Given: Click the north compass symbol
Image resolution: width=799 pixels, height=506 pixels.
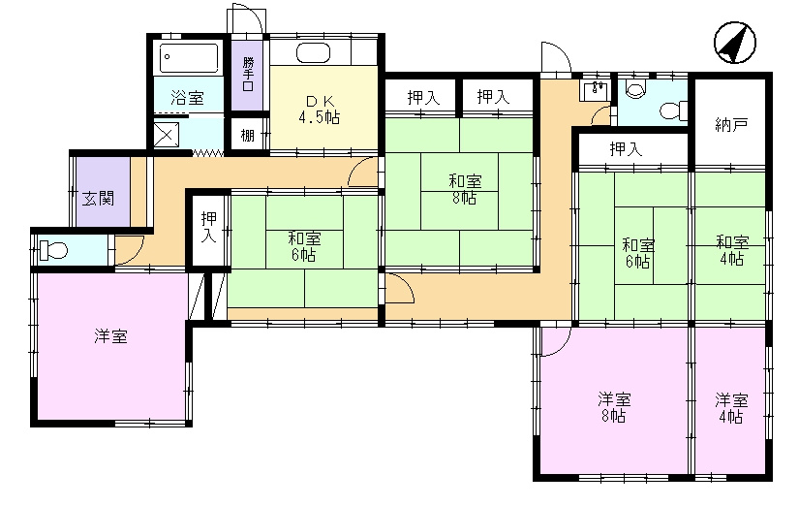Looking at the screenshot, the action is pyautogui.click(x=735, y=43).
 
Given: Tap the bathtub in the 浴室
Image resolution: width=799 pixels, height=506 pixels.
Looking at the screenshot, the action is pyautogui.click(x=189, y=58).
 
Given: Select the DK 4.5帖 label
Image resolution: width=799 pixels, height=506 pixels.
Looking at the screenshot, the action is pyautogui.click(x=320, y=109).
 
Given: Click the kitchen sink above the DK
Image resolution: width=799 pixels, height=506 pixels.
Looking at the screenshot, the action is pyautogui.click(x=313, y=53).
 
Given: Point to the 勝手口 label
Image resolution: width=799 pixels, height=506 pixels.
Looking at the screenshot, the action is pyautogui.click(x=248, y=74).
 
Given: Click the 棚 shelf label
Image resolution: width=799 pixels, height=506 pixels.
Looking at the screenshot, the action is pyautogui.click(x=247, y=135).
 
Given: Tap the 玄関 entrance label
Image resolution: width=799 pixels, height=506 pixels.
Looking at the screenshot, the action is pyautogui.click(x=99, y=198).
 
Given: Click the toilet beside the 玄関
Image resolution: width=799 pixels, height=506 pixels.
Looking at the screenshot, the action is pyautogui.click(x=52, y=250).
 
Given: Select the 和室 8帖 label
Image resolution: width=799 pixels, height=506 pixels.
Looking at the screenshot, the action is pyautogui.click(x=465, y=189).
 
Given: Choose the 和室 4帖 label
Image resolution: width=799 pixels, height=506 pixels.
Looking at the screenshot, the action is pyautogui.click(x=732, y=250).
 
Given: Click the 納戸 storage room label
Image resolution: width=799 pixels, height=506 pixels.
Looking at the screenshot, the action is pyautogui.click(x=730, y=124).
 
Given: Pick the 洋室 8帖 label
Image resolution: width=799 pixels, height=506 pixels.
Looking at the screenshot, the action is pyautogui.click(x=614, y=407).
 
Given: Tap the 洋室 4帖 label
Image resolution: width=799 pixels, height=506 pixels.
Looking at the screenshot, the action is pyautogui.click(x=731, y=408).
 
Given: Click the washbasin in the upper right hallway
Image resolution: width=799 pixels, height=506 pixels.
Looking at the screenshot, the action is pyautogui.click(x=595, y=91).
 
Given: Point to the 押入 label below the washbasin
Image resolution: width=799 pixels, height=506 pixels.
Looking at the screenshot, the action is pyautogui.click(x=626, y=149).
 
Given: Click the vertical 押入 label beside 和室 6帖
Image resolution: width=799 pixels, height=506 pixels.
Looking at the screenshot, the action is pyautogui.click(x=209, y=227).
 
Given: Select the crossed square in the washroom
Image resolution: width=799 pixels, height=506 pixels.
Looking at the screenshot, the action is pyautogui.click(x=167, y=135).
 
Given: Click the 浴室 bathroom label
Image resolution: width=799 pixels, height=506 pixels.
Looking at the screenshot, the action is pyautogui.click(x=187, y=98).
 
